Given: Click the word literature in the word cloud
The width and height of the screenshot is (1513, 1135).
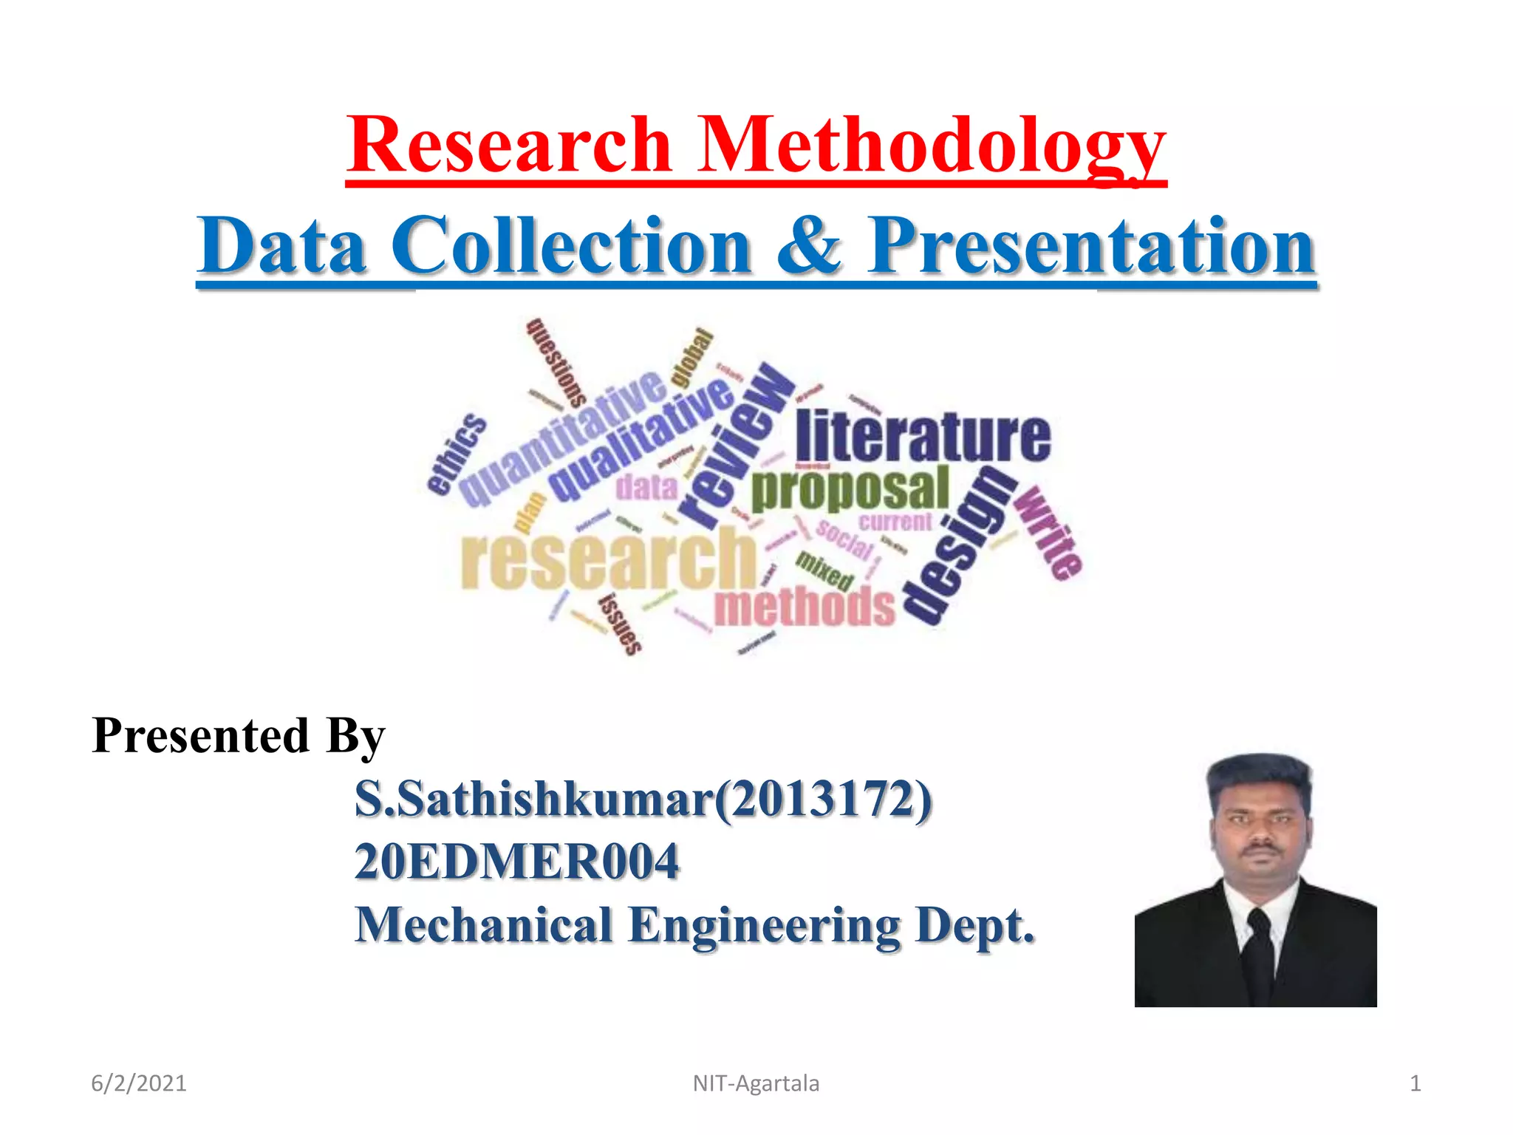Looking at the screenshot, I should pos(923,436).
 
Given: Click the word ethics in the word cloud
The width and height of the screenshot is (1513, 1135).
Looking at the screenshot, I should pos(457,454).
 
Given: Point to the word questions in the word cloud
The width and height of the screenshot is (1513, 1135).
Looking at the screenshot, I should pos(556,362).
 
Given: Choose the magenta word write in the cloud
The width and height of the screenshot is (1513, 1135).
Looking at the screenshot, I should pos(1047,532).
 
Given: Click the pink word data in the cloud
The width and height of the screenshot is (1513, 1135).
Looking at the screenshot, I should pos(646,487).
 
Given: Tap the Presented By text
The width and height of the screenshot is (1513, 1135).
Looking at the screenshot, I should pos(239,736).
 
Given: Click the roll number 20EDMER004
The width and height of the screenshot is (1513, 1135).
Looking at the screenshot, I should pos(516,862).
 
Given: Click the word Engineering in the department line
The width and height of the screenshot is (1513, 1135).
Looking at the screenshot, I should pos(764,925).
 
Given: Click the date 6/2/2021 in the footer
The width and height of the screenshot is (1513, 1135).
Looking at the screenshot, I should pos(139,1083).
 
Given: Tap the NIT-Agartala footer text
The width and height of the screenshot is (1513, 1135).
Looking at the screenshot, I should pos(756,1083).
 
